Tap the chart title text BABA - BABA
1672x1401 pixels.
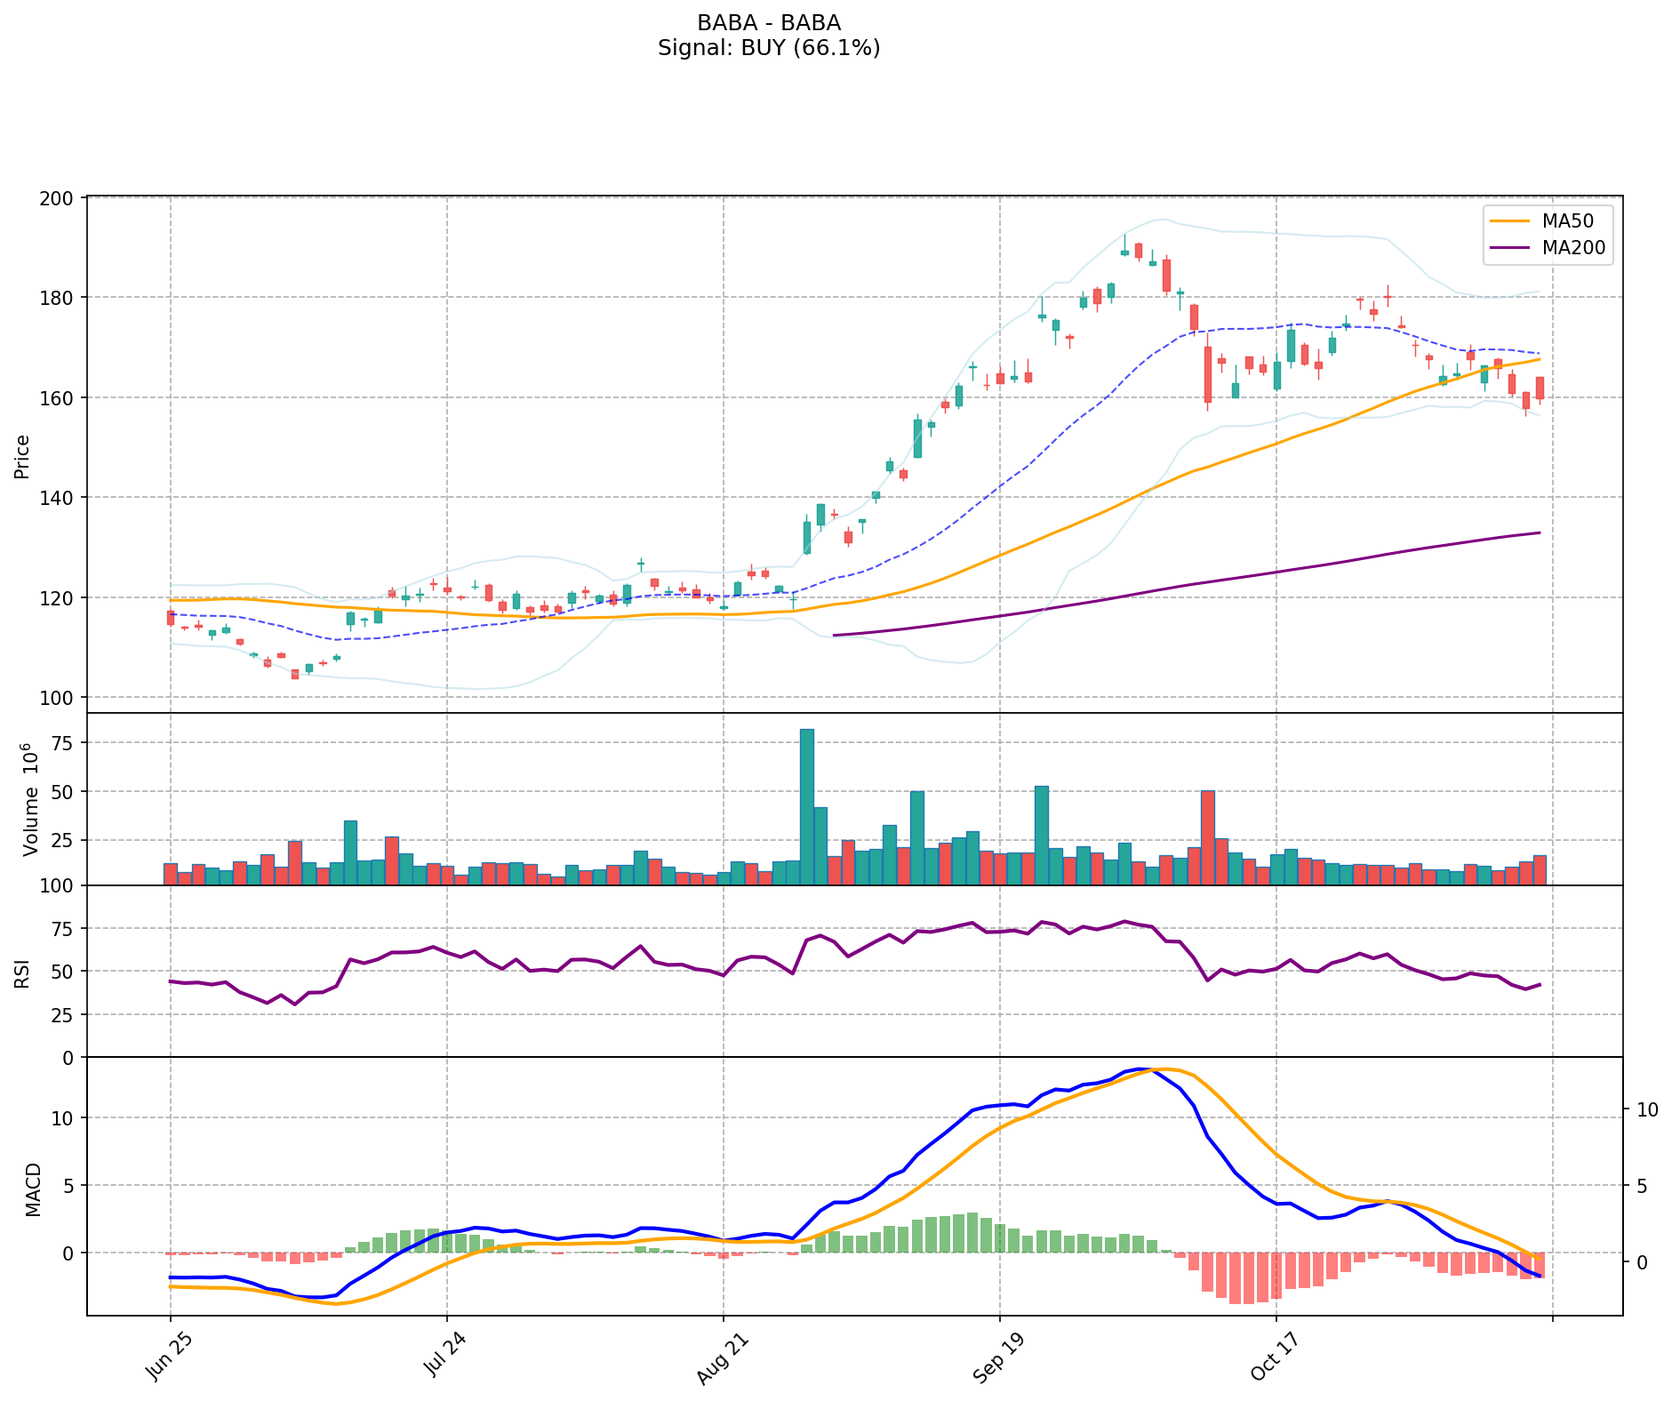point(768,23)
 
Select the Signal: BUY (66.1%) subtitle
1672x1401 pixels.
point(768,48)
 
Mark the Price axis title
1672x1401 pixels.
point(22,456)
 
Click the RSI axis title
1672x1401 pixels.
point(22,972)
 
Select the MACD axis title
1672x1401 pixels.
point(32,1189)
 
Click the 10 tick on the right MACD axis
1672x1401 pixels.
point(1647,1109)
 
